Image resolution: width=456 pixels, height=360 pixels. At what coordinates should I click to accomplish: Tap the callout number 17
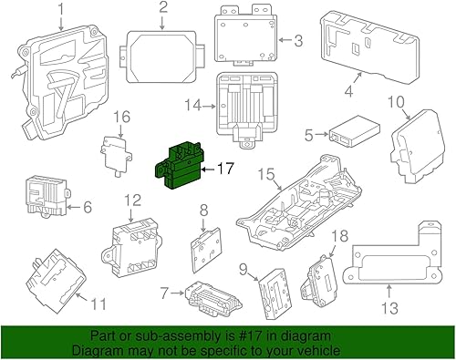[225, 168]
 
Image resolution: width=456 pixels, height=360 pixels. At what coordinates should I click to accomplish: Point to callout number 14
[190, 105]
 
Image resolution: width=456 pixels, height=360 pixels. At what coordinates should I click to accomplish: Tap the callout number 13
[390, 308]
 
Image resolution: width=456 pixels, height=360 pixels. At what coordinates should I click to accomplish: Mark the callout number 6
[88, 208]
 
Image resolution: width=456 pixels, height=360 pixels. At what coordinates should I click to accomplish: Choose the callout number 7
[165, 293]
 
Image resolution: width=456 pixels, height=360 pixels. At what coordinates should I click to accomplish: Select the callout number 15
[264, 174]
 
